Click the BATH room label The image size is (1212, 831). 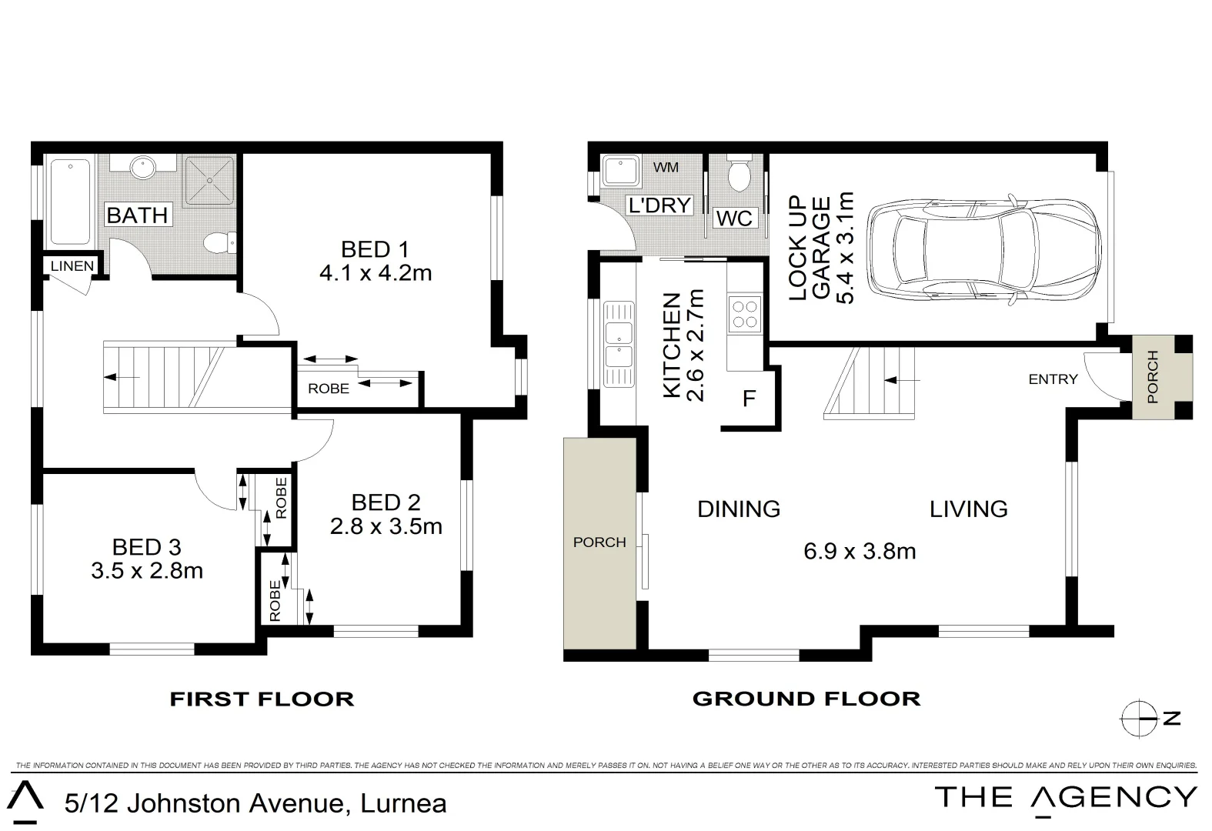click(138, 215)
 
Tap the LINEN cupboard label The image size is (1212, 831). click(72, 265)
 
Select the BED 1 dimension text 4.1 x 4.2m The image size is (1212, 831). click(376, 273)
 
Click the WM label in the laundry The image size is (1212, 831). click(666, 167)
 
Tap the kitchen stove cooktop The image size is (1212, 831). click(745, 314)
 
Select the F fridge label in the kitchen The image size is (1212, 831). click(749, 399)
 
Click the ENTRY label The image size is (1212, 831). click(1053, 379)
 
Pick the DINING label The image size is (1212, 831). click(739, 509)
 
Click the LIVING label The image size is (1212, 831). click(969, 509)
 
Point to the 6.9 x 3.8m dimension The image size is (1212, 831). click(860, 551)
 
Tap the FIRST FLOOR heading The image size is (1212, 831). click(262, 699)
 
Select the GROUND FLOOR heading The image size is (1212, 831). click(806, 699)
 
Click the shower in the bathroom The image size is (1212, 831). click(210, 182)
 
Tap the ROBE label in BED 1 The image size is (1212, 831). click(329, 389)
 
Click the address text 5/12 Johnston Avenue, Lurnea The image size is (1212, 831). click(255, 803)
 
